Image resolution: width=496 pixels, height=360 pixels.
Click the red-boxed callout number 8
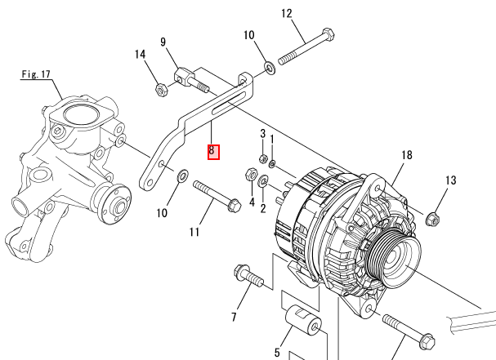212,150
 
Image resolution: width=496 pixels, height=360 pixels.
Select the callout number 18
407,155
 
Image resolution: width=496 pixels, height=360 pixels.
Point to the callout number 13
450,180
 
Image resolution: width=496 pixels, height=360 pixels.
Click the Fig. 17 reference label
36,74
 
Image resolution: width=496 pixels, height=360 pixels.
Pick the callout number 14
141,55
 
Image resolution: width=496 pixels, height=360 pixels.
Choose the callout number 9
163,42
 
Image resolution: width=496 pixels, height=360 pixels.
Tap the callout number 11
194,233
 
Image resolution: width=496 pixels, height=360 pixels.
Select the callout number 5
277,352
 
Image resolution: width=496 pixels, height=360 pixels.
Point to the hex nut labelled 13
435,218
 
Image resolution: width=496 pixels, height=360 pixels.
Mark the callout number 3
263,133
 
